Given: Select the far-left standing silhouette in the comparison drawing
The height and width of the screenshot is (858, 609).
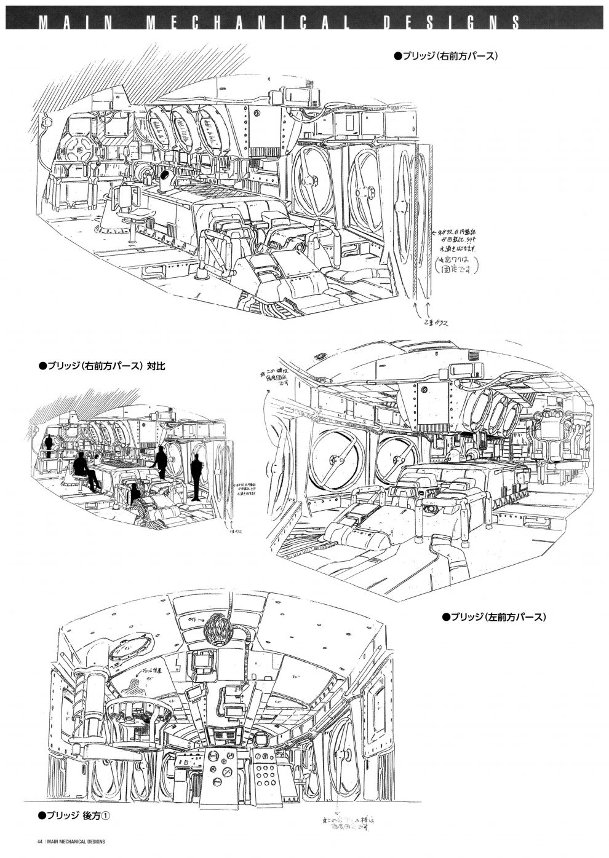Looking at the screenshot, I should click(49, 441).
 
